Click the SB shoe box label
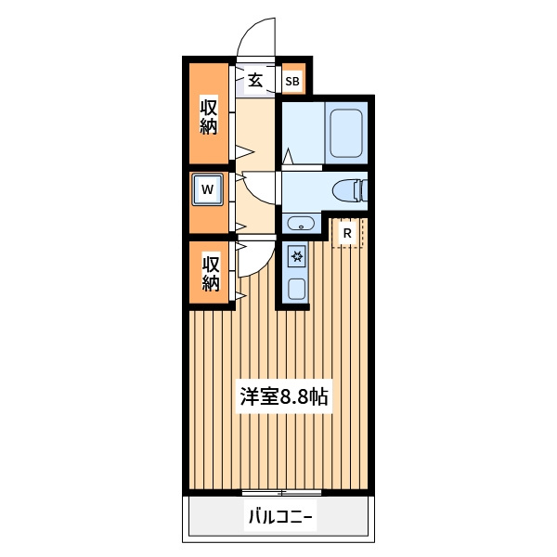[x=292, y=82]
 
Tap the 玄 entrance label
[x=255, y=80]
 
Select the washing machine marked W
[x=207, y=189]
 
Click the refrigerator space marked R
[x=347, y=233]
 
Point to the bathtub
[x=346, y=133]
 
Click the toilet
[x=350, y=190]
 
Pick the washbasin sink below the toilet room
[x=301, y=224]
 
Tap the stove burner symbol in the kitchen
[x=297, y=256]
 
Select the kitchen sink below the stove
[x=297, y=289]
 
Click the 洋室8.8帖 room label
[x=284, y=396]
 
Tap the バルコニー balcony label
[x=280, y=517]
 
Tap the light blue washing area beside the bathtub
[x=304, y=133]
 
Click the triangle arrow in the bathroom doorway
[x=288, y=156]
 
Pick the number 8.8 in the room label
[x=294, y=397]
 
